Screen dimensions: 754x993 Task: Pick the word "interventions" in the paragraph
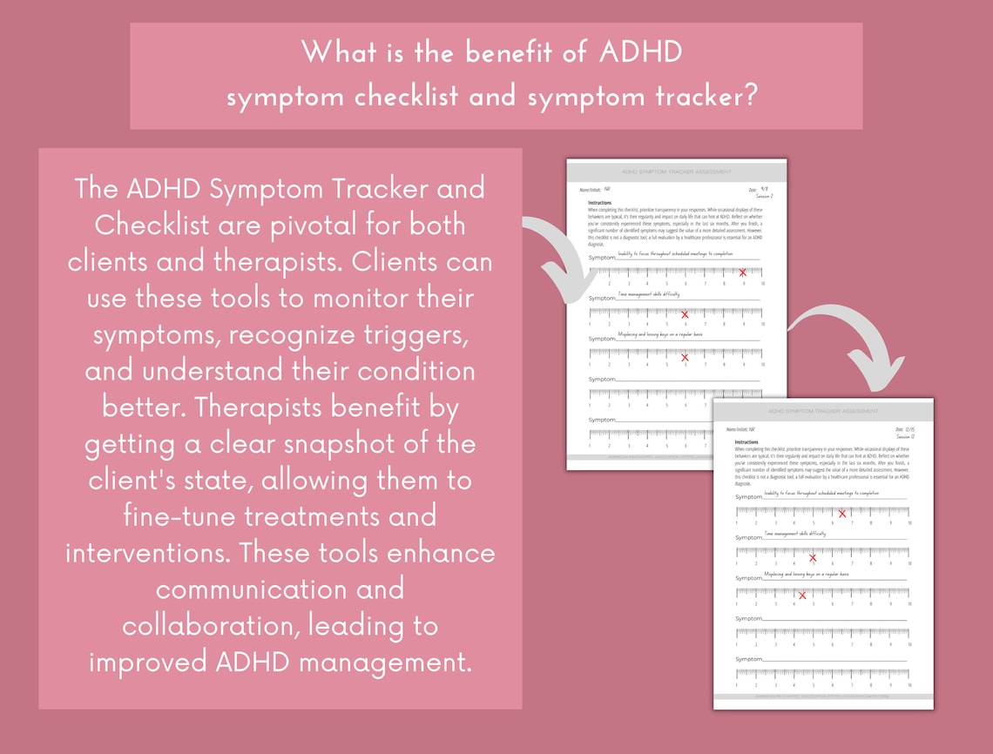148,552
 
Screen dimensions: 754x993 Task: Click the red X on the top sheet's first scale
742,273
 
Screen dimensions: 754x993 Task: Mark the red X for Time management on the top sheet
685,314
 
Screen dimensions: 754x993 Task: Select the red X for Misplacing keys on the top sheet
685,357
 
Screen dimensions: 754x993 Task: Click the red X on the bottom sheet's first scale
841,514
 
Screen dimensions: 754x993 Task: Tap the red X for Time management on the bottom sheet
813,557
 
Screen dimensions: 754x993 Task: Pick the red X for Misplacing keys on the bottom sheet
802,596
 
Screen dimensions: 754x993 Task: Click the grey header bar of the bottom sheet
823,411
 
